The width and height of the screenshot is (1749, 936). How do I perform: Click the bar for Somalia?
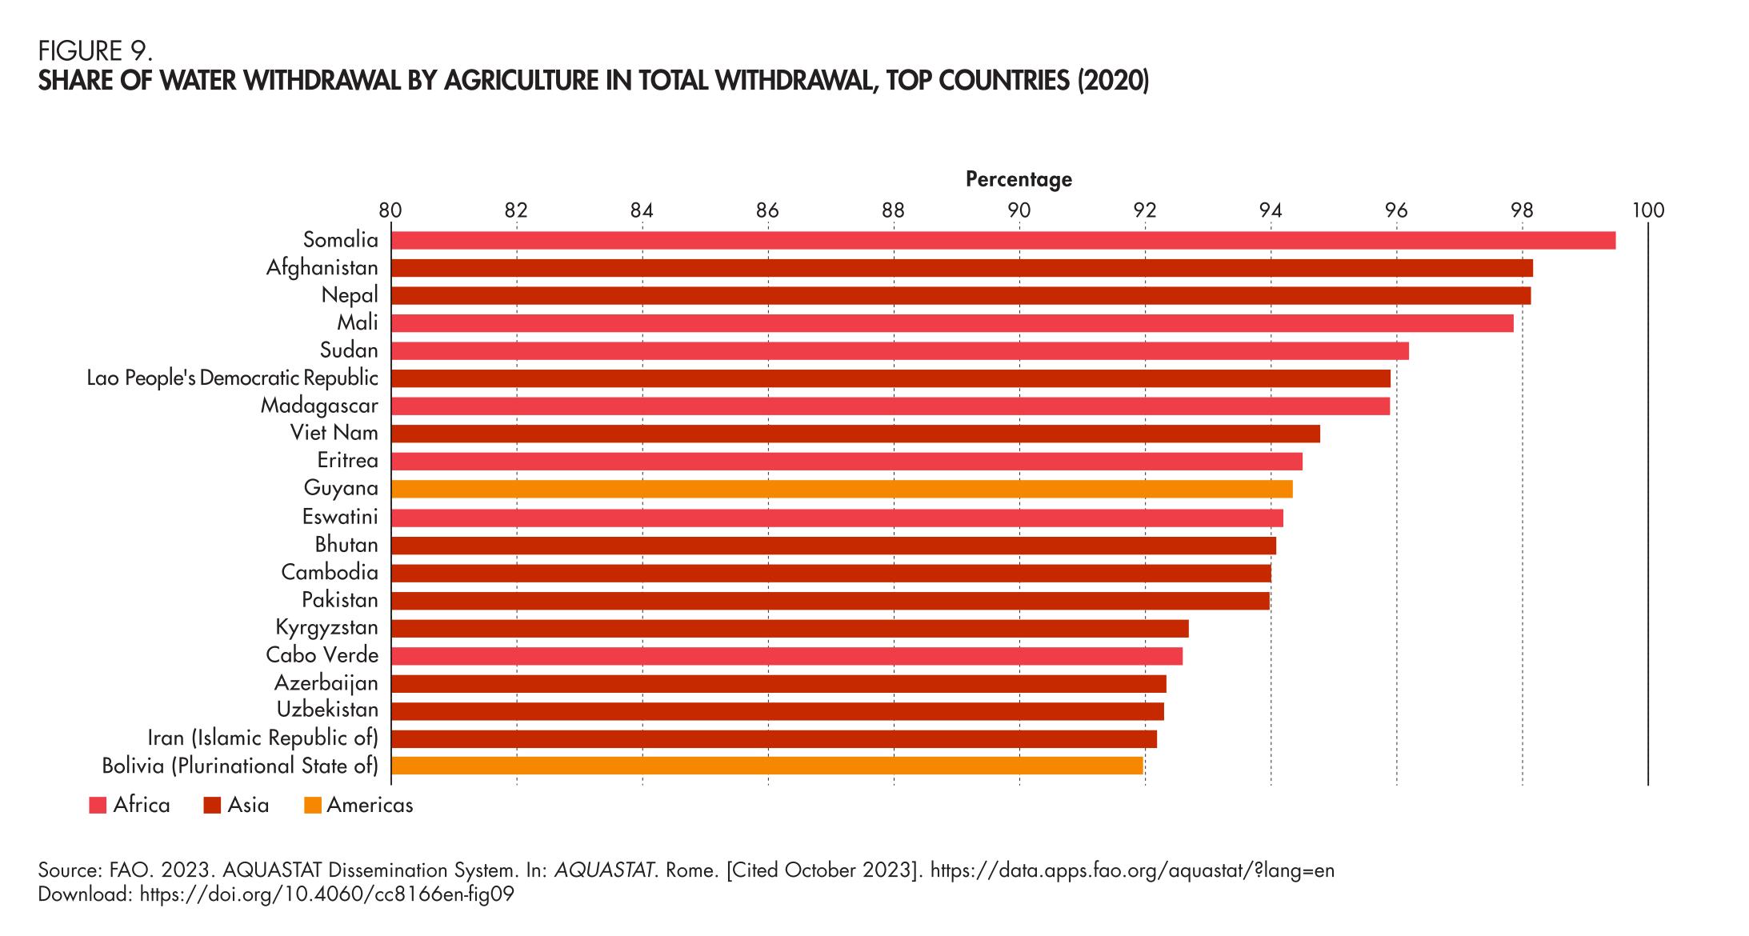(1003, 240)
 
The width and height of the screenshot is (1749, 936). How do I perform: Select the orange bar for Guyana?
(842, 489)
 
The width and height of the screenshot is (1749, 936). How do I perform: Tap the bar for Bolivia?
(766, 766)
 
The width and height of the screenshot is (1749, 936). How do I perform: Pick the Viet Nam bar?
(855, 434)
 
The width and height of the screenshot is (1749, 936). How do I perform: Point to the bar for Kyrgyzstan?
(790, 628)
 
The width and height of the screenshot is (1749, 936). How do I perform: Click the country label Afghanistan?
(322, 267)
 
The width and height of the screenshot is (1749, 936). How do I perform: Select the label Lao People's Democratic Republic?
(233, 378)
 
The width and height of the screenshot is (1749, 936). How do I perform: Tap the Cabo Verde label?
(322, 655)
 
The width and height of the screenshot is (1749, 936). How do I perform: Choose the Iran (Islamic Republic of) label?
(263, 738)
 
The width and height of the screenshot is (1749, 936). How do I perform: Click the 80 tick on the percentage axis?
(390, 210)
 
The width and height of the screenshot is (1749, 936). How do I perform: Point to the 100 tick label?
(1647, 210)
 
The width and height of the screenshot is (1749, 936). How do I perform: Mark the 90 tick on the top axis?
(1019, 210)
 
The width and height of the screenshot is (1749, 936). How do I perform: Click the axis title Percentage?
(1019, 179)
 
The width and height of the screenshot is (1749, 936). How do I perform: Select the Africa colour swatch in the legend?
(98, 806)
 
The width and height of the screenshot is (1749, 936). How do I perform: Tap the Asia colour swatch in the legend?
(212, 806)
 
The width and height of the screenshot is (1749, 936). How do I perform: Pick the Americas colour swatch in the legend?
(313, 806)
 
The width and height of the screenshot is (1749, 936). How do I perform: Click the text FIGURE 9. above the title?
(95, 51)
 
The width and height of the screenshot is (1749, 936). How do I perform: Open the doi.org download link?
(326, 894)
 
